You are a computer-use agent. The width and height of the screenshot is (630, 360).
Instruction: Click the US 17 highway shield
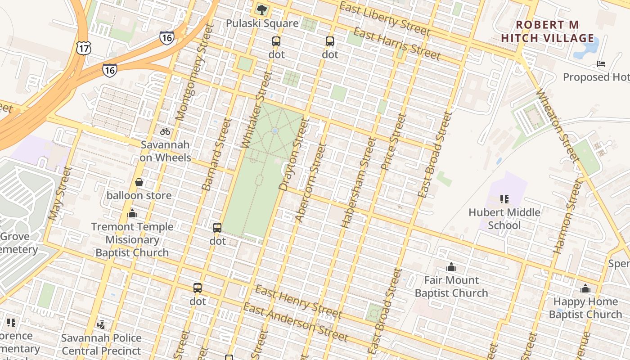pos(84,47)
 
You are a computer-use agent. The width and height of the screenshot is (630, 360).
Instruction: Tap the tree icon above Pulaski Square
pos(261,9)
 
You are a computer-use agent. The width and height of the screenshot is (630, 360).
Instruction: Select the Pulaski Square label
pos(262,23)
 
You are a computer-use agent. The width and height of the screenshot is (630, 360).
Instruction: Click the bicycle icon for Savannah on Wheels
pos(165,131)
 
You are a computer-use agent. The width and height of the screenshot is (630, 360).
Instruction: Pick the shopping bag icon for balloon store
pos(139,182)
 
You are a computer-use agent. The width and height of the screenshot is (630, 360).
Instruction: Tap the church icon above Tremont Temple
pos(132,213)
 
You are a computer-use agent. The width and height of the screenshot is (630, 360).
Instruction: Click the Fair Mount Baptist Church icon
pos(451,267)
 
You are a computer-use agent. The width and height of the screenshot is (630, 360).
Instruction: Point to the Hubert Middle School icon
pos(504,198)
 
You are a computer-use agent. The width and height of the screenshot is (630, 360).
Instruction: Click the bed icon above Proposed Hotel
pos(601,63)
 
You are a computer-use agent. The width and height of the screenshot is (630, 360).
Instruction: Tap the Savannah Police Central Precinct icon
pos(101,324)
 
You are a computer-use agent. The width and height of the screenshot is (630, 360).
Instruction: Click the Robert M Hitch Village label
pos(548,31)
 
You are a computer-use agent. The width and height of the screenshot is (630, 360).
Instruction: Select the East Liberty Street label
pos(384,19)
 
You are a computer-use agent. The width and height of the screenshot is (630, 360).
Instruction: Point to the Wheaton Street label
pos(557,125)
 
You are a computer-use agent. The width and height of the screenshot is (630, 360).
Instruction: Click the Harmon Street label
pos(565,216)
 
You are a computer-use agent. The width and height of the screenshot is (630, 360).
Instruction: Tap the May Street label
pos(60,193)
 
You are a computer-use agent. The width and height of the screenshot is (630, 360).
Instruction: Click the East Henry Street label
pos(298,301)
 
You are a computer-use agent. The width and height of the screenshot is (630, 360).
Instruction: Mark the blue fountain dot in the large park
pos(275,131)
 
